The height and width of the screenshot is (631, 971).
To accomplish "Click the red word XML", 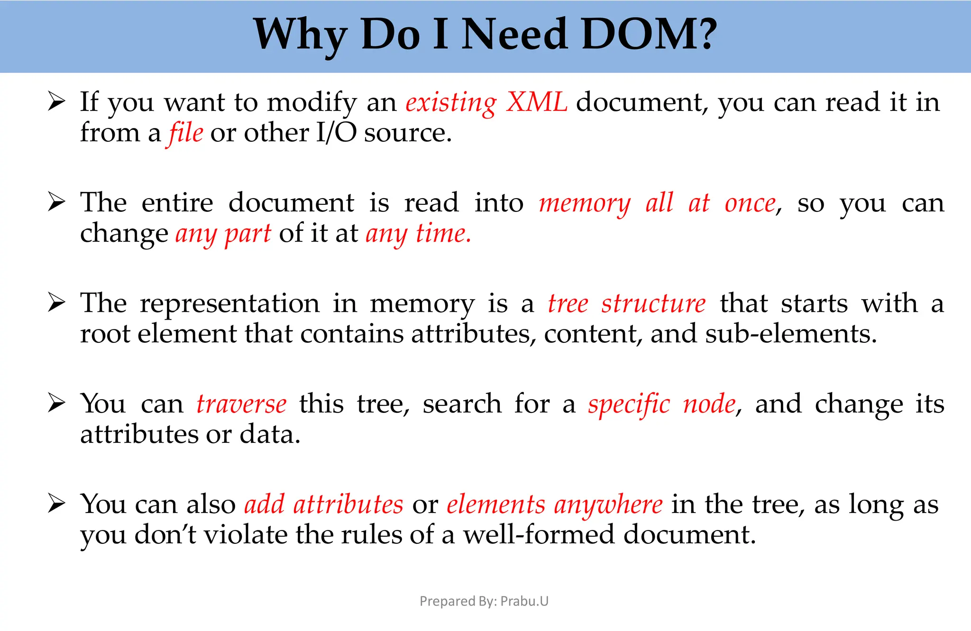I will coord(537,102).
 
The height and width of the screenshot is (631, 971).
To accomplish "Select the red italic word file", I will coord(186,133).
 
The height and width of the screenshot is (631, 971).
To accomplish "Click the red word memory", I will coord(585,204).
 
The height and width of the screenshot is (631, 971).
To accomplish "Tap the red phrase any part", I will coord(223,234).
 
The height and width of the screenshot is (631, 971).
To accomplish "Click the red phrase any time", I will coord(418,234).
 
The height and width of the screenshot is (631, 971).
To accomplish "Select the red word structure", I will coord(653,304).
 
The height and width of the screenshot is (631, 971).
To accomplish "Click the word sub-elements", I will coord(790,334).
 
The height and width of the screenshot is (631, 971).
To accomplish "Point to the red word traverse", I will coord(241,404).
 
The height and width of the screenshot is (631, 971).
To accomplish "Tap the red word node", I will coord(709,404).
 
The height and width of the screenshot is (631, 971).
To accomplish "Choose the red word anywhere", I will coord(608,505).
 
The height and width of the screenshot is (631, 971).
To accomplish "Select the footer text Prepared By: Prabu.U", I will coord(484,601).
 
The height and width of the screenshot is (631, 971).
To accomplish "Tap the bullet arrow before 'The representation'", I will coord(56,303).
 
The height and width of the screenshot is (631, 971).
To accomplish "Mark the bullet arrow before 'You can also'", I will coord(56,504).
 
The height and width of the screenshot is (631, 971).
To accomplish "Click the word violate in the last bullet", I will coord(246,535).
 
